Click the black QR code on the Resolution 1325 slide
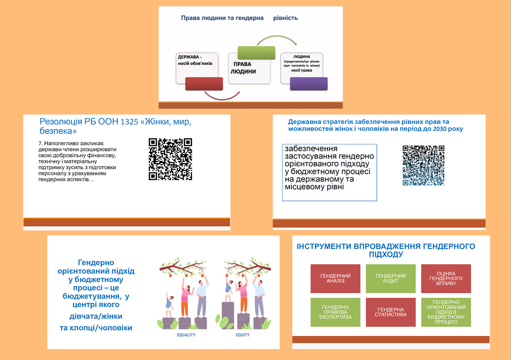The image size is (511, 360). pyautogui.click(x=170, y=159)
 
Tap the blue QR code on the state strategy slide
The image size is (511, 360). pyautogui.click(x=423, y=165)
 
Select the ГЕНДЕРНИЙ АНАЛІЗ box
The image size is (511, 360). pyautogui.click(x=335, y=278)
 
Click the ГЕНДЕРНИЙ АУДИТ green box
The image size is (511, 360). pyautogui.click(x=391, y=278)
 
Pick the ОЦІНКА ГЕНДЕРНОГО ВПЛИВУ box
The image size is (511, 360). pyautogui.click(x=446, y=278)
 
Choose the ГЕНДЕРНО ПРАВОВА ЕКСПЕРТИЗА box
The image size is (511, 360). pyautogui.click(x=335, y=312)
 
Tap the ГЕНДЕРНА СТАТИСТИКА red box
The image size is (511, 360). pyautogui.click(x=391, y=312)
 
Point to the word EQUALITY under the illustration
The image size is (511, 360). pyautogui.click(x=186, y=335)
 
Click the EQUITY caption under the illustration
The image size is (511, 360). pyautogui.click(x=242, y=335)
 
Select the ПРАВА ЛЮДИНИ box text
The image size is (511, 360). pyautogui.click(x=243, y=68)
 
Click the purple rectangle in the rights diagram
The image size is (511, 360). pyautogui.click(x=308, y=84)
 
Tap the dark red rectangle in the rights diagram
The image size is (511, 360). pyautogui.click(x=204, y=84)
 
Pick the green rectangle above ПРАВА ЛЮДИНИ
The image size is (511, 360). pyautogui.click(x=256, y=53)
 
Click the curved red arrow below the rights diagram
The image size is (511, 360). pyautogui.click(x=222, y=95)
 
